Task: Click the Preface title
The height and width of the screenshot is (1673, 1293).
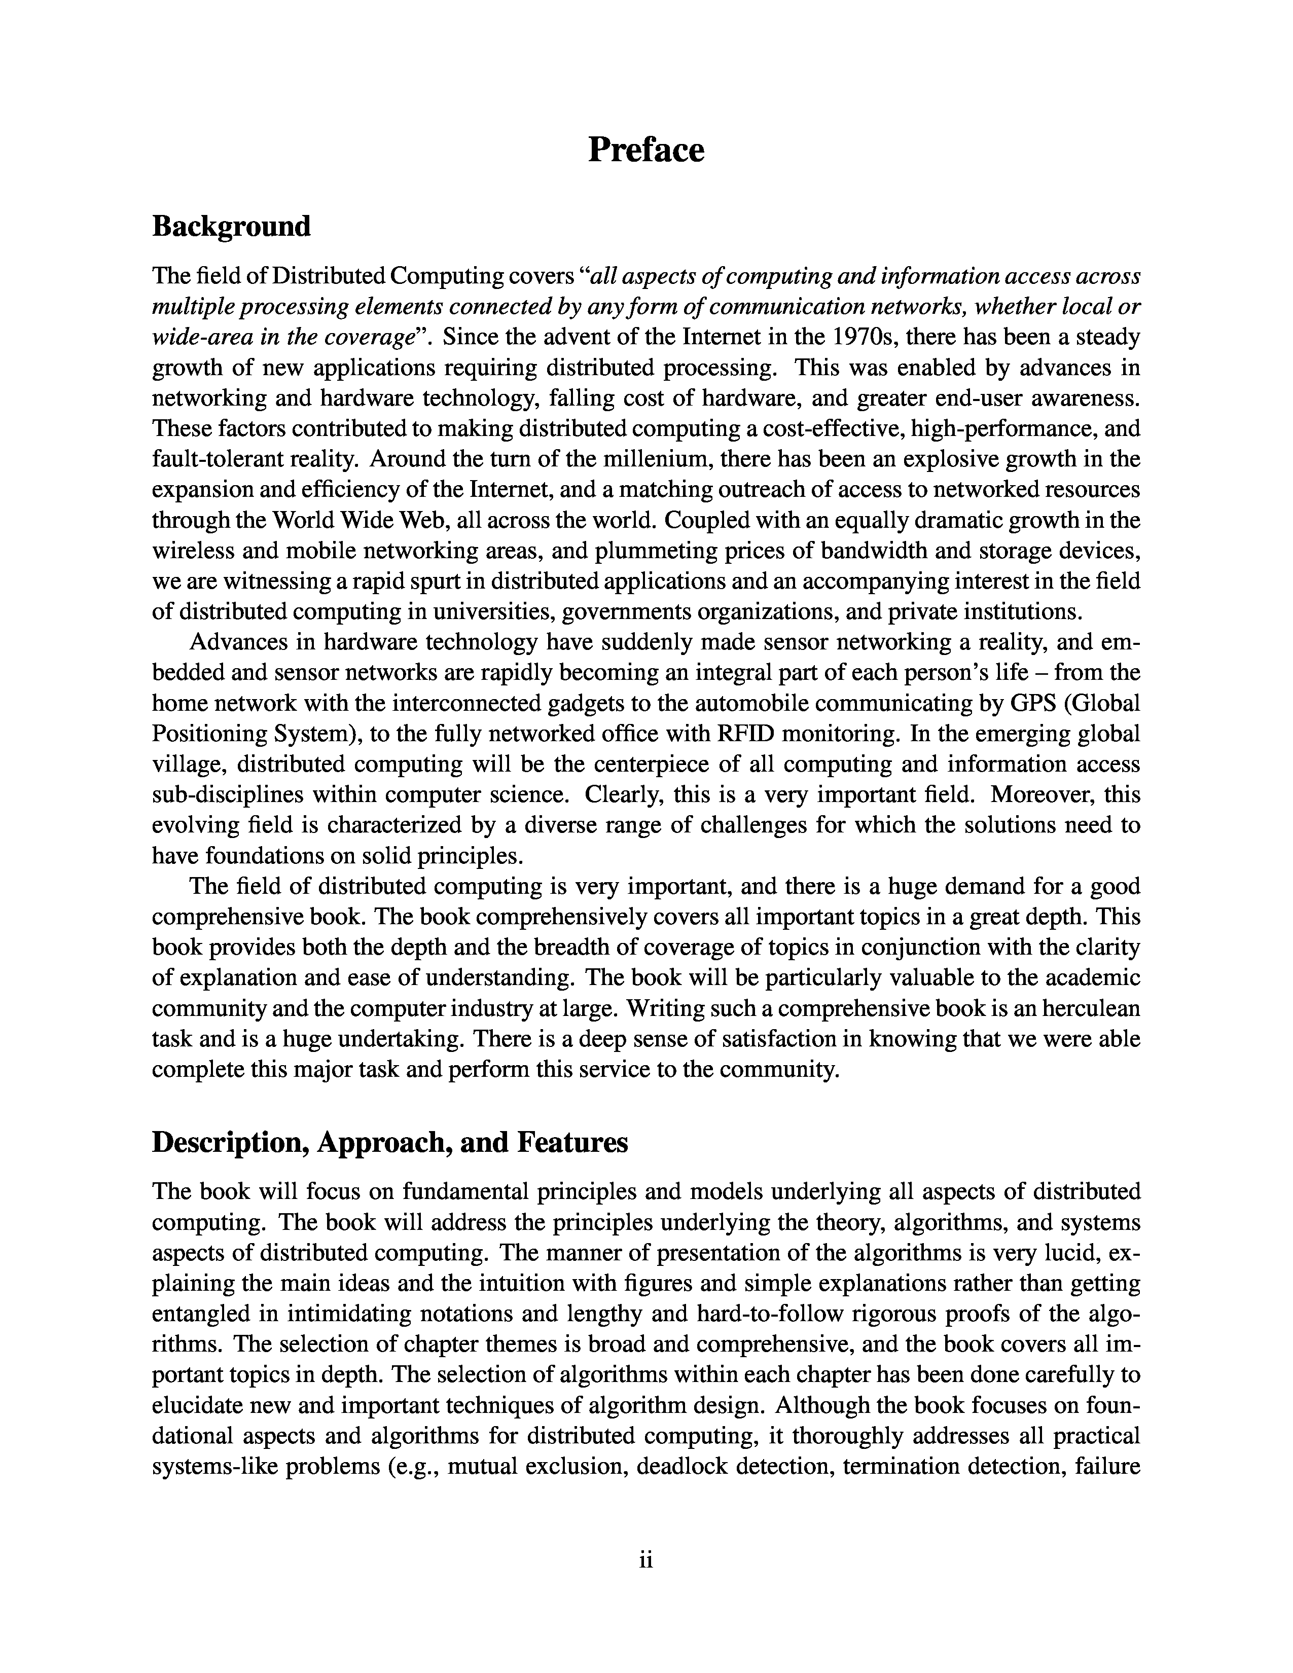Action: (x=645, y=150)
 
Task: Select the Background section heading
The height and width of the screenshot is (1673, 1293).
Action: (x=231, y=227)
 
